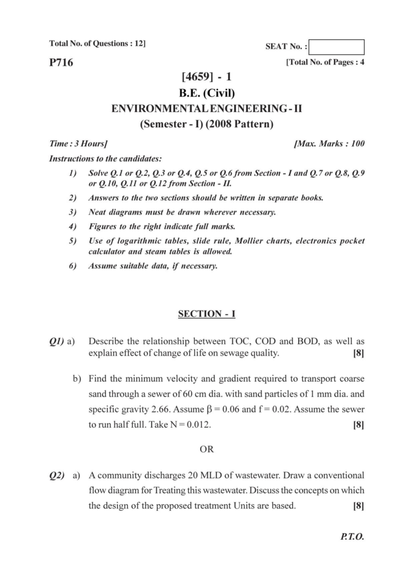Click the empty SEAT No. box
337,47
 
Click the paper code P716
61,62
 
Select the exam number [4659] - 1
206,77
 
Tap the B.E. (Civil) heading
206,93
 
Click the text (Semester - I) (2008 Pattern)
206,125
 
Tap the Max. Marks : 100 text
329,144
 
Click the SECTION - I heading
206,314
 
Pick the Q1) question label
57,341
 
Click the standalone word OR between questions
206,449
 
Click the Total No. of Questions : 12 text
97,43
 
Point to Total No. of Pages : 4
325,62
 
